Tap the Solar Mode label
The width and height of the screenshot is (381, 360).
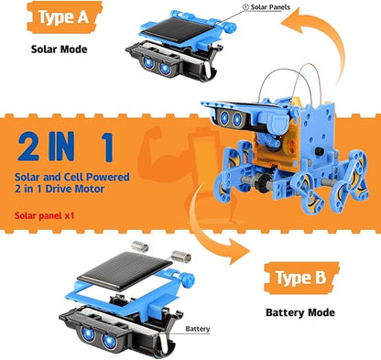(60, 49)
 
